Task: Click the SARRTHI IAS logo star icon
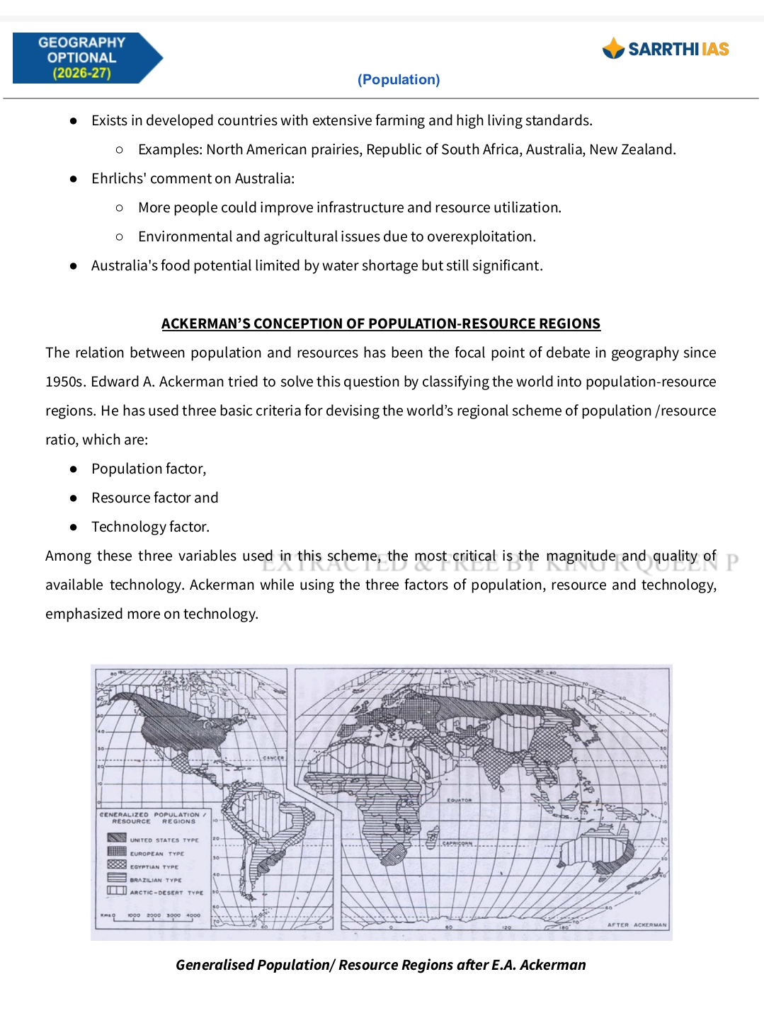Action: (613, 48)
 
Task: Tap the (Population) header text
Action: (399, 79)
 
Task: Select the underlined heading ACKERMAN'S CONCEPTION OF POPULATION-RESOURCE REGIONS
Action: (380, 324)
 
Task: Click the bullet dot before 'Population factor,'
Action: (73, 469)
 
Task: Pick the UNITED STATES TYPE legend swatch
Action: (117, 838)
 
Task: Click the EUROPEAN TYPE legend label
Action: (156, 854)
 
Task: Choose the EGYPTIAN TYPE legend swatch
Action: (117, 864)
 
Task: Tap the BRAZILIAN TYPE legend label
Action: (155, 880)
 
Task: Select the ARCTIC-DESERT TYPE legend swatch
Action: (117, 891)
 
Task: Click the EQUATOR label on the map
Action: (459, 800)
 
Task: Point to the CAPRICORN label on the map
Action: (457, 843)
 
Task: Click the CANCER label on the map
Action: (273, 757)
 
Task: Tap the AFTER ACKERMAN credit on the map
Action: (637, 925)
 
